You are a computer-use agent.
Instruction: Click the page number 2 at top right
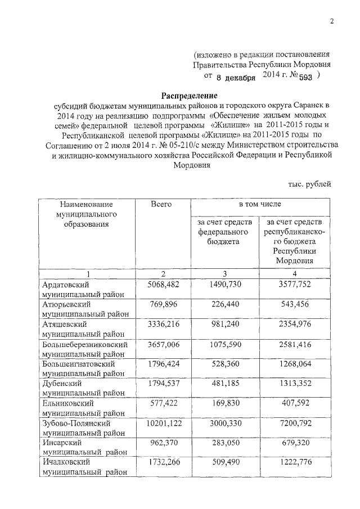pos(332,21)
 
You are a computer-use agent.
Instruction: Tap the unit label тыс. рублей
pos(310,183)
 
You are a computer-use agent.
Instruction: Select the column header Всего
pos(161,204)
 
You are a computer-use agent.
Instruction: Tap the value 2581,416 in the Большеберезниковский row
pos(294,344)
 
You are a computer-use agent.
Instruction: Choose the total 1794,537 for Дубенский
pos(163,383)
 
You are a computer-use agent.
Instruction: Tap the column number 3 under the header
pos(224,273)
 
